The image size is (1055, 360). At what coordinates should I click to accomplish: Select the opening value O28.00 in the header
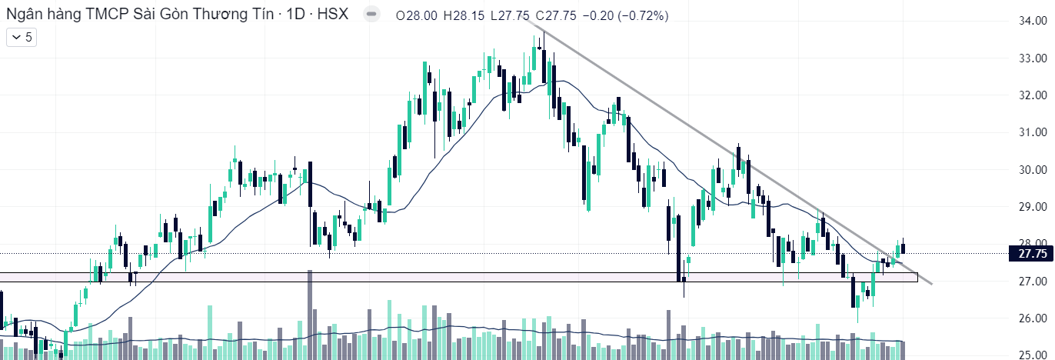coord(417,15)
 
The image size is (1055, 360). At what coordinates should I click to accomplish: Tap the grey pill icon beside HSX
coord(371,15)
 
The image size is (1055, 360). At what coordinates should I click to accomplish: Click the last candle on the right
coord(904,247)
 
